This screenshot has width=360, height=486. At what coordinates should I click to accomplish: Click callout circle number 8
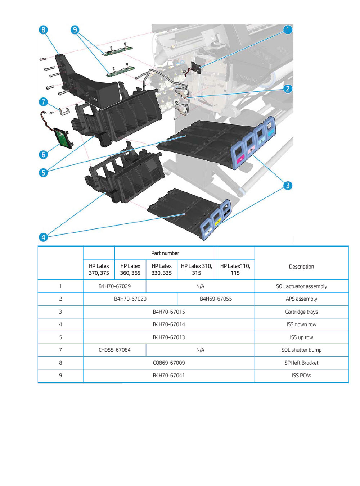(x=43, y=30)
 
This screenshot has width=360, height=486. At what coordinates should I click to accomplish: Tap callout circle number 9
(x=75, y=30)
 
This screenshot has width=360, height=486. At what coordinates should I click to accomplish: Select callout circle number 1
(x=288, y=30)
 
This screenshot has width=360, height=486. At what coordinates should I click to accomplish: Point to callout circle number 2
(x=288, y=89)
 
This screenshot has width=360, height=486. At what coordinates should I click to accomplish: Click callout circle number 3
(x=288, y=186)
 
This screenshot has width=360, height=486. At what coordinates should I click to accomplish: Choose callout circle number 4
(x=43, y=237)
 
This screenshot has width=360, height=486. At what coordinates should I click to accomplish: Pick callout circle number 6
(x=43, y=155)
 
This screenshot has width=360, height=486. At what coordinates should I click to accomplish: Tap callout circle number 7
(x=43, y=102)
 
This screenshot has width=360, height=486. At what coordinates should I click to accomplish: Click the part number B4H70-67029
(x=114, y=286)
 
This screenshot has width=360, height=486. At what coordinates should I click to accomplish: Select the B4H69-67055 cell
(x=216, y=299)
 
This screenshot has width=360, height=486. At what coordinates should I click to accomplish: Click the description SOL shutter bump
(x=301, y=350)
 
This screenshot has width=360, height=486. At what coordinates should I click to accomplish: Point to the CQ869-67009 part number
(x=169, y=363)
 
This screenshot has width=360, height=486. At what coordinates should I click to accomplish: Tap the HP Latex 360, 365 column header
(x=130, y=269)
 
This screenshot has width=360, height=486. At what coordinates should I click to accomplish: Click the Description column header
(x=301, y=267)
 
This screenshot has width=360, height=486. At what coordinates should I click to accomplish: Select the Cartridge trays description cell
(x=301, y=312)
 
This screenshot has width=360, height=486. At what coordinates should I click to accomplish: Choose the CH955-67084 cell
(x=114, y=350)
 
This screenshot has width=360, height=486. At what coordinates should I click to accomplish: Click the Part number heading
(x=165, y=253)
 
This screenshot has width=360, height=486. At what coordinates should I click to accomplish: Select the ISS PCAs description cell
(x=301, y=376)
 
